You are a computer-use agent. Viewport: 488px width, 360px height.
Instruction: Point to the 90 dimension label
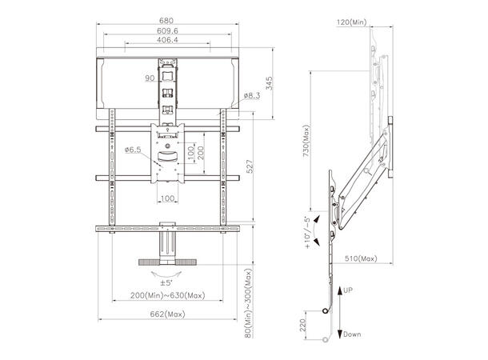point(150,79)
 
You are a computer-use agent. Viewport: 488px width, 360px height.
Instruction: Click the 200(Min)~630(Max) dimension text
point(167,296)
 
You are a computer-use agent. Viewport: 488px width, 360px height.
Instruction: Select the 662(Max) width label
point(167,314)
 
